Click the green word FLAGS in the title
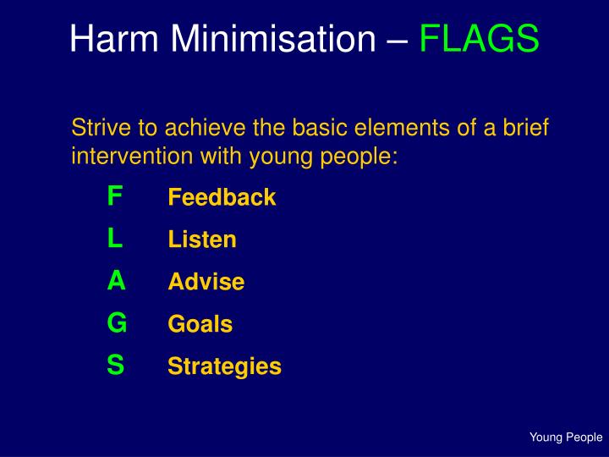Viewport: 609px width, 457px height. (x=479, y=39)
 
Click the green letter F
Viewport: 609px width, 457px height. (x=115, y=196)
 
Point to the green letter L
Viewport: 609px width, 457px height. (x=115, y=239)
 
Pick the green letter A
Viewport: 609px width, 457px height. (x=116, y=281)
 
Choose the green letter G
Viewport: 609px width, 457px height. (x=117, y=322)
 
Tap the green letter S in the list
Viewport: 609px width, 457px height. (x=116, y=365)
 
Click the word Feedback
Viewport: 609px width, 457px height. (x=222, y=198)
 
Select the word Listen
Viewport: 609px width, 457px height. (x=202, y=240)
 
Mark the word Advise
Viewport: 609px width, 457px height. (x=206, y=282)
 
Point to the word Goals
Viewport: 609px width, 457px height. (x=200, y=324)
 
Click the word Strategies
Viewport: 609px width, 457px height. (x=224, y=366)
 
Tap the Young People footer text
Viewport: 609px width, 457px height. (x=566, y=438)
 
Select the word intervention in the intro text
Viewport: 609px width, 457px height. (x=127, y=157)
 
